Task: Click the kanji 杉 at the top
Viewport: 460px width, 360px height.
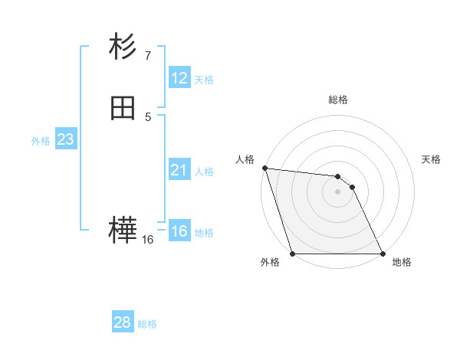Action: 123,47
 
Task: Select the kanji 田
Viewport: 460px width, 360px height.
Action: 123,109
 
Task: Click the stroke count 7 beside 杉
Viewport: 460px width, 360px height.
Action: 147,55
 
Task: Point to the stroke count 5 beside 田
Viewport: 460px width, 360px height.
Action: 147,116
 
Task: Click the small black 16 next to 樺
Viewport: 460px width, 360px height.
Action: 147,240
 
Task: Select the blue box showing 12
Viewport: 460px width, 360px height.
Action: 179,78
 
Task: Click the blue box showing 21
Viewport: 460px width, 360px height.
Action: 179,170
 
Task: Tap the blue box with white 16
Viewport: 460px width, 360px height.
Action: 179,231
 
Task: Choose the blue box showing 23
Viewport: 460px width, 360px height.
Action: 65,139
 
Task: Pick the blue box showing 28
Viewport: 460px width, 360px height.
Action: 123,322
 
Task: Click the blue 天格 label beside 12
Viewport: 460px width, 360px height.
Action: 203,80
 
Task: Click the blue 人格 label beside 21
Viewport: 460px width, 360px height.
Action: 203,172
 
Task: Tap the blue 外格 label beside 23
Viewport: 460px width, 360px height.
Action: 41,141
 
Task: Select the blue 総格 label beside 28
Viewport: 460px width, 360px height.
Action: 147,324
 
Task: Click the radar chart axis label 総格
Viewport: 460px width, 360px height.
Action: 337,100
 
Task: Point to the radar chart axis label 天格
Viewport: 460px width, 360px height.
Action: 432,159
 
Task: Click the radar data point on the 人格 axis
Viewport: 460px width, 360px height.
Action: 264,168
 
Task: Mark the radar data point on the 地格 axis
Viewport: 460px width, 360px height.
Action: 382,253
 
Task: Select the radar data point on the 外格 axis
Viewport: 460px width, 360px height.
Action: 292,253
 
